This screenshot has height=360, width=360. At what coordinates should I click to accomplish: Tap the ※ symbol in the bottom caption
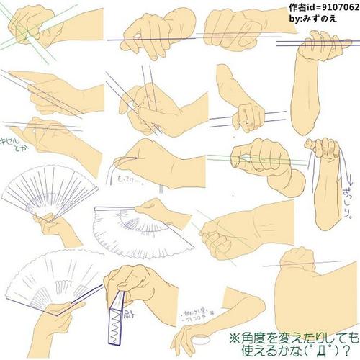coord(236,336)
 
